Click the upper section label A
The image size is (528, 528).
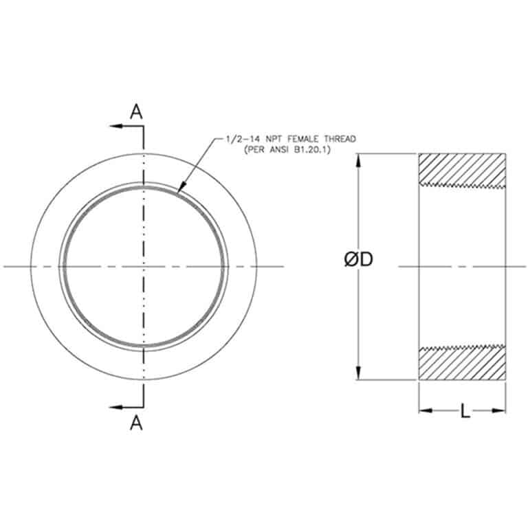click(137, 112)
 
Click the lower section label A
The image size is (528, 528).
click(136, 423)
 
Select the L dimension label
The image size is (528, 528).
click(465, 412)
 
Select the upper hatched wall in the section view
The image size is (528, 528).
click(462, 168)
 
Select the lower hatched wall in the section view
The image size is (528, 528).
click(462, 364)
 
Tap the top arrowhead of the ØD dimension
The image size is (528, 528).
click(358, 159)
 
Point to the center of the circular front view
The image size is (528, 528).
click(143, 266)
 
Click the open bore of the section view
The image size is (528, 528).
click(462, 266)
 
